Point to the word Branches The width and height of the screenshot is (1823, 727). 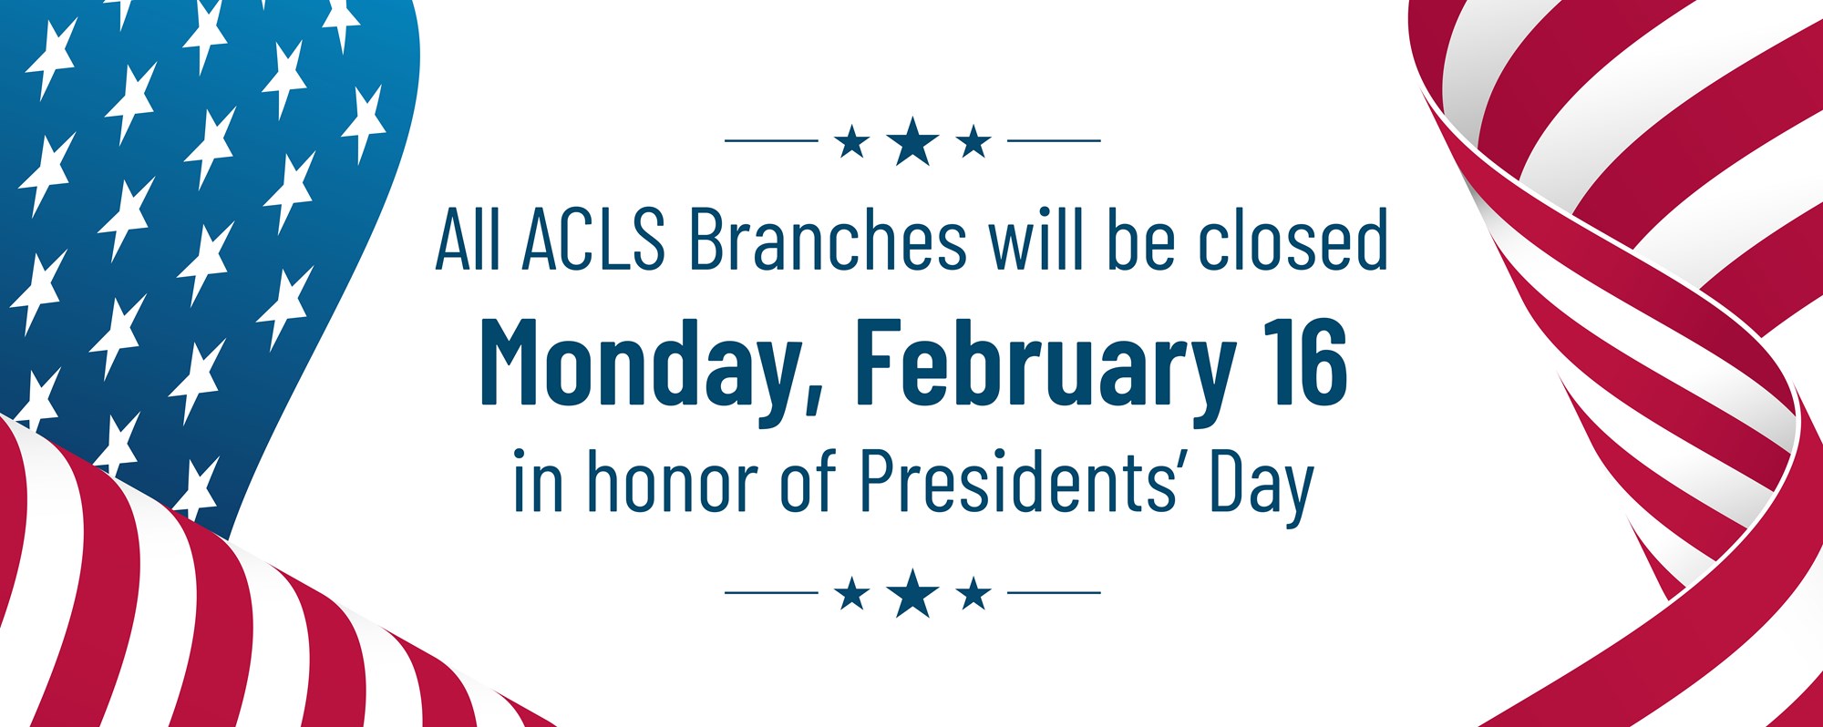coord(827,240)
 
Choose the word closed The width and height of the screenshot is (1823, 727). coord(1293,240)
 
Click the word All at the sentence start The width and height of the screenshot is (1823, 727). coord(468,240)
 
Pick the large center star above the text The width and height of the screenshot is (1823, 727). coord(912,141)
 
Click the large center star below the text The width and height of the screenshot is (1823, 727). coord(912,593)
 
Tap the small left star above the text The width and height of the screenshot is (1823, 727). coord(851,141)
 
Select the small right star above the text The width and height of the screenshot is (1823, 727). coord(973,141)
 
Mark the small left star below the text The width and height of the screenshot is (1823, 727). coord(851,593)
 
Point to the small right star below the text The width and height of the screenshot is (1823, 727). coord(973,593)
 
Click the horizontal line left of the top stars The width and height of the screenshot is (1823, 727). coord(771,141)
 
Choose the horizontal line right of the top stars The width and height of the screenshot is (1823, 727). coord(1054,141)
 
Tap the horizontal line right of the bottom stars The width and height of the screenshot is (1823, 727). coord(1054,593)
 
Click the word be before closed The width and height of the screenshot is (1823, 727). coord(1140,240)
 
